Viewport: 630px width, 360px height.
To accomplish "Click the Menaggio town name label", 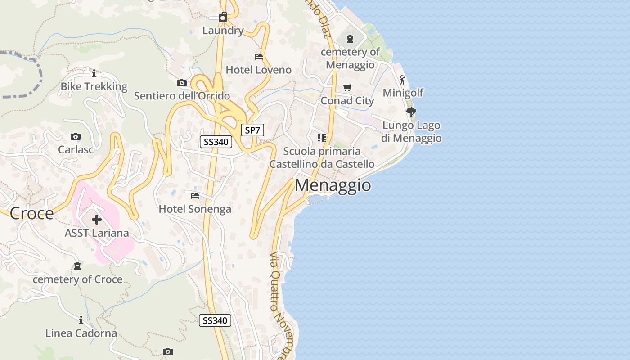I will click(x=333, y=185).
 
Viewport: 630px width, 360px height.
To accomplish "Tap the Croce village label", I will click(x=31, y=213).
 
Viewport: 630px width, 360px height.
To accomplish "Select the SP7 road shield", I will click(x=252, y=130).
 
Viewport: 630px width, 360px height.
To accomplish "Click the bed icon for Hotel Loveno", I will click(x=259, y=57).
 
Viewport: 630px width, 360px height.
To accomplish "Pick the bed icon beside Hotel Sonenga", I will click(x=195, y=195).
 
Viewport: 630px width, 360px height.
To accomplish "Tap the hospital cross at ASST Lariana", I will click(x=96, y=220).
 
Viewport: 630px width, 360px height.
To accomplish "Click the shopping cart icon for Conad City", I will click(x=347, y=87).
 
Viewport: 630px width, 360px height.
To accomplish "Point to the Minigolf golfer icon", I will click(x=402, y=80).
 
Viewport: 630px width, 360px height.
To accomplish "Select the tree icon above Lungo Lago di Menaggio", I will click(x=411, y=112).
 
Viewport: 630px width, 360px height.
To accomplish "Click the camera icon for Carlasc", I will click(x=76, y=136).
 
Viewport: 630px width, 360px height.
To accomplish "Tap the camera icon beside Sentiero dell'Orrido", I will click(x=182, y=83).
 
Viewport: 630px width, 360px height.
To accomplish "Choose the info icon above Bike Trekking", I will click(x=94, y=73).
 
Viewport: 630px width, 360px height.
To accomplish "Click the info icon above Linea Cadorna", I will click(x=81, y=320).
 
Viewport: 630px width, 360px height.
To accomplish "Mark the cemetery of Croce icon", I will click(x=77, y=266).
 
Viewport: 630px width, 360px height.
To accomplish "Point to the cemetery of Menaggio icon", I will click(x=350, y=39).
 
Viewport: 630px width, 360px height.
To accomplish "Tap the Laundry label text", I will click(x=223, y=31).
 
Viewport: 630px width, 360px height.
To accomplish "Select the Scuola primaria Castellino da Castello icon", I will click(x=322, y=138).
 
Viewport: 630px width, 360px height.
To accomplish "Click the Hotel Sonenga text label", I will click(x=195, y=209).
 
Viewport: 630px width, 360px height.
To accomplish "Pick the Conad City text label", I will click(x=347, y=100).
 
